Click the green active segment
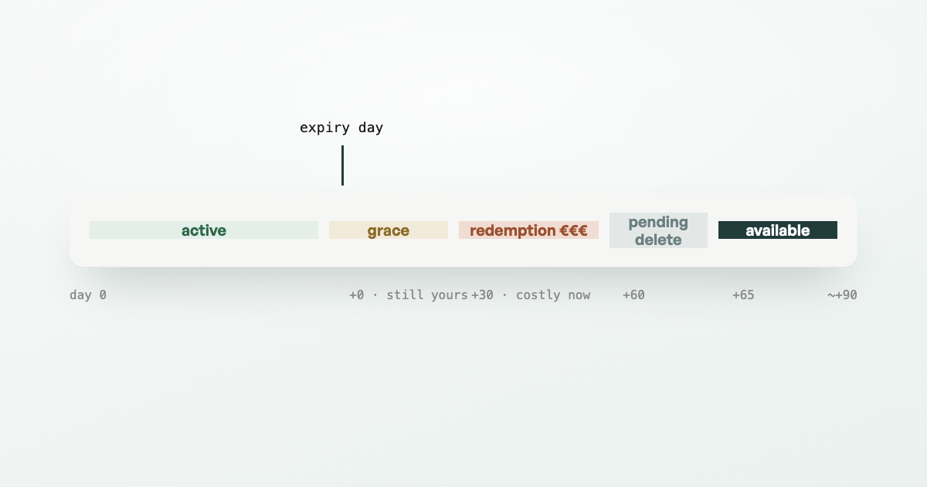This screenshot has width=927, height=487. (204, 230)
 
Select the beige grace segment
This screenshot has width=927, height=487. (388, 230)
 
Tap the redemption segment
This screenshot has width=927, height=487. (528, 230)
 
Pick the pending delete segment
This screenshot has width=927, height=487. (658, 230)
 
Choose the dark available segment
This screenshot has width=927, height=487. (778, 230)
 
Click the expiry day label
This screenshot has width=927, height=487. (341, 128)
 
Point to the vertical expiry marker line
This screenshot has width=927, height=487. (343, 165)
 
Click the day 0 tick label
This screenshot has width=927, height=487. (88, 295)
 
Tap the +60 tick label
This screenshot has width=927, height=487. (633, 295)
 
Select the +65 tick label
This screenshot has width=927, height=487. (743, 295)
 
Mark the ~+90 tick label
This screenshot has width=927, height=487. (842, 295)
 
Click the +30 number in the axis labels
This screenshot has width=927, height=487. (482, 295)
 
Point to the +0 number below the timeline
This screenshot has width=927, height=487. (356, 295)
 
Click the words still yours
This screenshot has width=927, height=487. (427, 295)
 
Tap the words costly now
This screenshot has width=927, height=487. (553, 295)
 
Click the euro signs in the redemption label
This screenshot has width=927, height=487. (573, 230)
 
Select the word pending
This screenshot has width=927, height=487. (658, 223)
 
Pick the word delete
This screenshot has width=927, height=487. (658, 240)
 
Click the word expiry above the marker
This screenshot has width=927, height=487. (324, 128)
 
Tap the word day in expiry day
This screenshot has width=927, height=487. (371, 128)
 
